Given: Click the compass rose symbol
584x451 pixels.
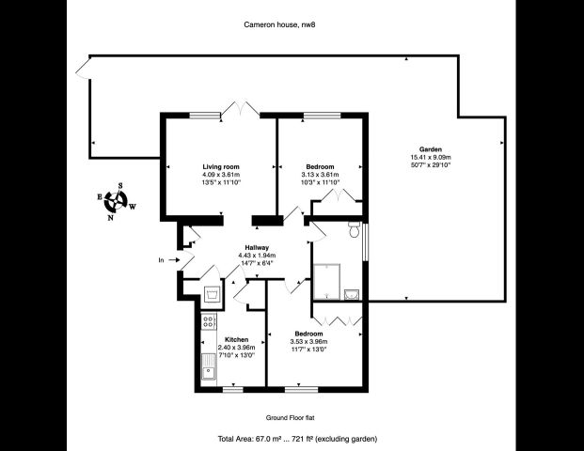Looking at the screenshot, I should [x=118, y=200].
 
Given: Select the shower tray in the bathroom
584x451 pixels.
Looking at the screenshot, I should [x=330, y=279].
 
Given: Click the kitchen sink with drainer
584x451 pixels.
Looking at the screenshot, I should [x=208, y=374].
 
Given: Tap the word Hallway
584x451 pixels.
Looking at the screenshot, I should [x=257, y=247].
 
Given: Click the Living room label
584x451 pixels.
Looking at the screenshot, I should [x=221, y=166].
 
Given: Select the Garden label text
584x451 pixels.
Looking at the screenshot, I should [x=432, y=148].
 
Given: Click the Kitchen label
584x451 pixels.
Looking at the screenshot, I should [x=236, y=338].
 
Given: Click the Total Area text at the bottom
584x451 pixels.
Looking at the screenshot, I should [x=298, y=439].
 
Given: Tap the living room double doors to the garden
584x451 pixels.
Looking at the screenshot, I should [x=242, y=109].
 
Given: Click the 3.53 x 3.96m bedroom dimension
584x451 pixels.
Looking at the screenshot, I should [x=308, y=342].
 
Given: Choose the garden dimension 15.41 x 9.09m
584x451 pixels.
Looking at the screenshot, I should [x=432, y=157].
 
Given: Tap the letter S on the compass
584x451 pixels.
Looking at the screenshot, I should [x=120, y=186].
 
